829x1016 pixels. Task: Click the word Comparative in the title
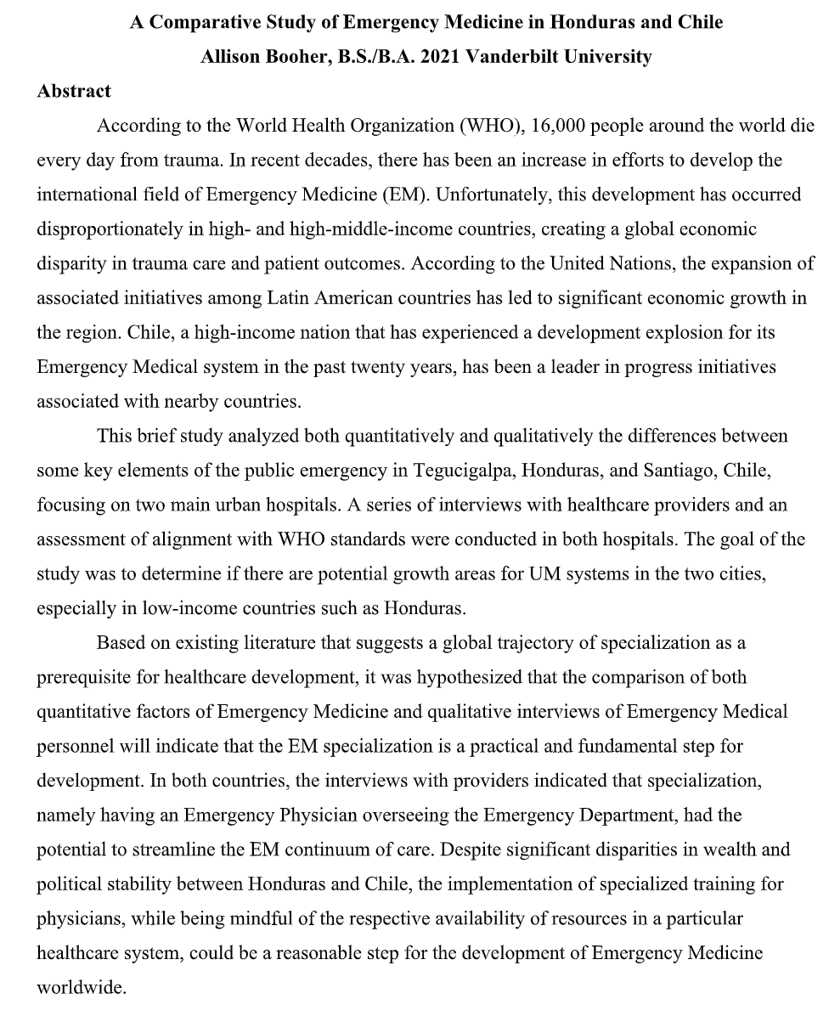point(200,23)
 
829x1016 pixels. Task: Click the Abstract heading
point(74,91)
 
